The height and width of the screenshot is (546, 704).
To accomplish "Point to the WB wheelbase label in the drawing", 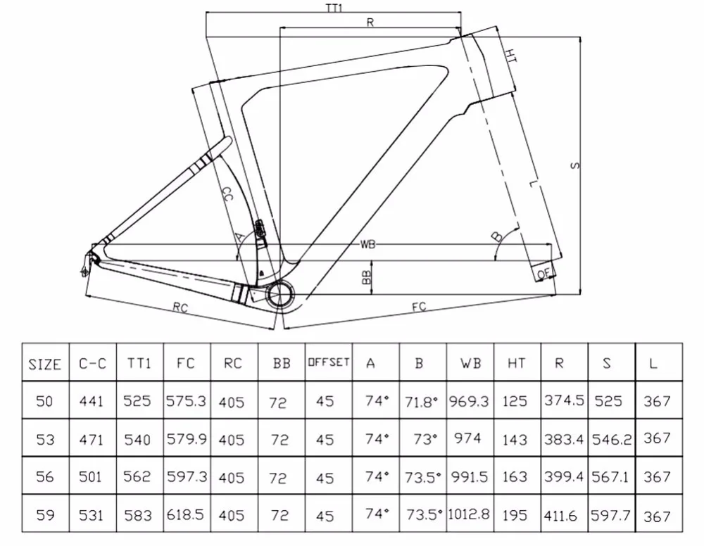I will click(x=367, y=245).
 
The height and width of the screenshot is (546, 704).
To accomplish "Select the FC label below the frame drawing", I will click(x=420, y=307).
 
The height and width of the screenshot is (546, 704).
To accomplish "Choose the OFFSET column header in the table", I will click(x=328, y=362).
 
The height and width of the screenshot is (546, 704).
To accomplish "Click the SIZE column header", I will click(x=45, y=364).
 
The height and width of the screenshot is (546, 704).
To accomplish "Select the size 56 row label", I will click(x=45, y=477).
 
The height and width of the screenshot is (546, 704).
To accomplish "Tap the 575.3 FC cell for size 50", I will click(x=186, y=401).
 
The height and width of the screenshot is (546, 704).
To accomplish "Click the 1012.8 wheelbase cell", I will click(x=470, y=514).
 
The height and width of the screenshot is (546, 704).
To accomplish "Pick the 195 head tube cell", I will click(x=515, y=515).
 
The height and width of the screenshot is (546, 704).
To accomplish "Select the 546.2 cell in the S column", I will click(x=609, y=439).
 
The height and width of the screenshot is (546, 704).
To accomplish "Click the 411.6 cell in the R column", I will click(x=560, y=515).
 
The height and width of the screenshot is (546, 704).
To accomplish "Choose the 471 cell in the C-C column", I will click(x=92, y=439).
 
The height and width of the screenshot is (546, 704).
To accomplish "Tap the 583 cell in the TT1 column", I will click(x=137, y=515).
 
